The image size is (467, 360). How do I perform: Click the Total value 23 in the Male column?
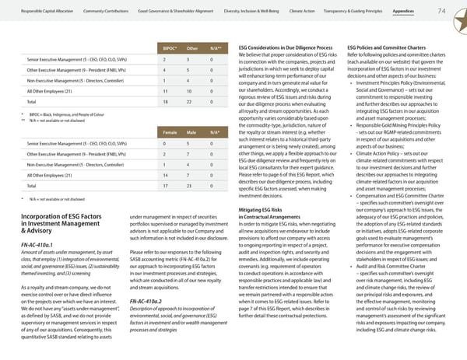[191, 186]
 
